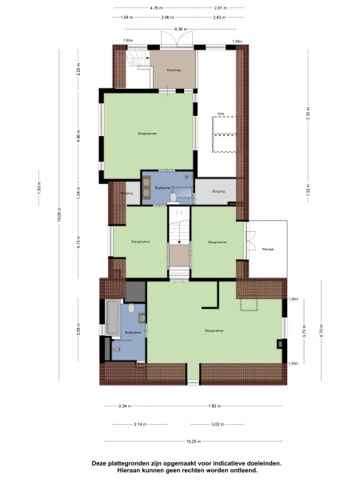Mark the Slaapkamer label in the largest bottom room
(213, 330)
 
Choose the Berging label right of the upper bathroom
(218, 192)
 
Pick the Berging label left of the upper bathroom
(126, 193)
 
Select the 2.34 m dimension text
(124, 406)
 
